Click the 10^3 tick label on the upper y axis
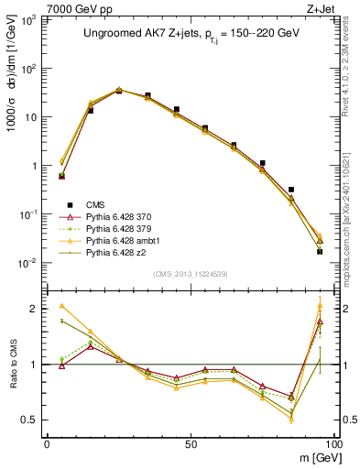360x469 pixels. point(29,20)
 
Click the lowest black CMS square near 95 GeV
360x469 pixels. point(320,251)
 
